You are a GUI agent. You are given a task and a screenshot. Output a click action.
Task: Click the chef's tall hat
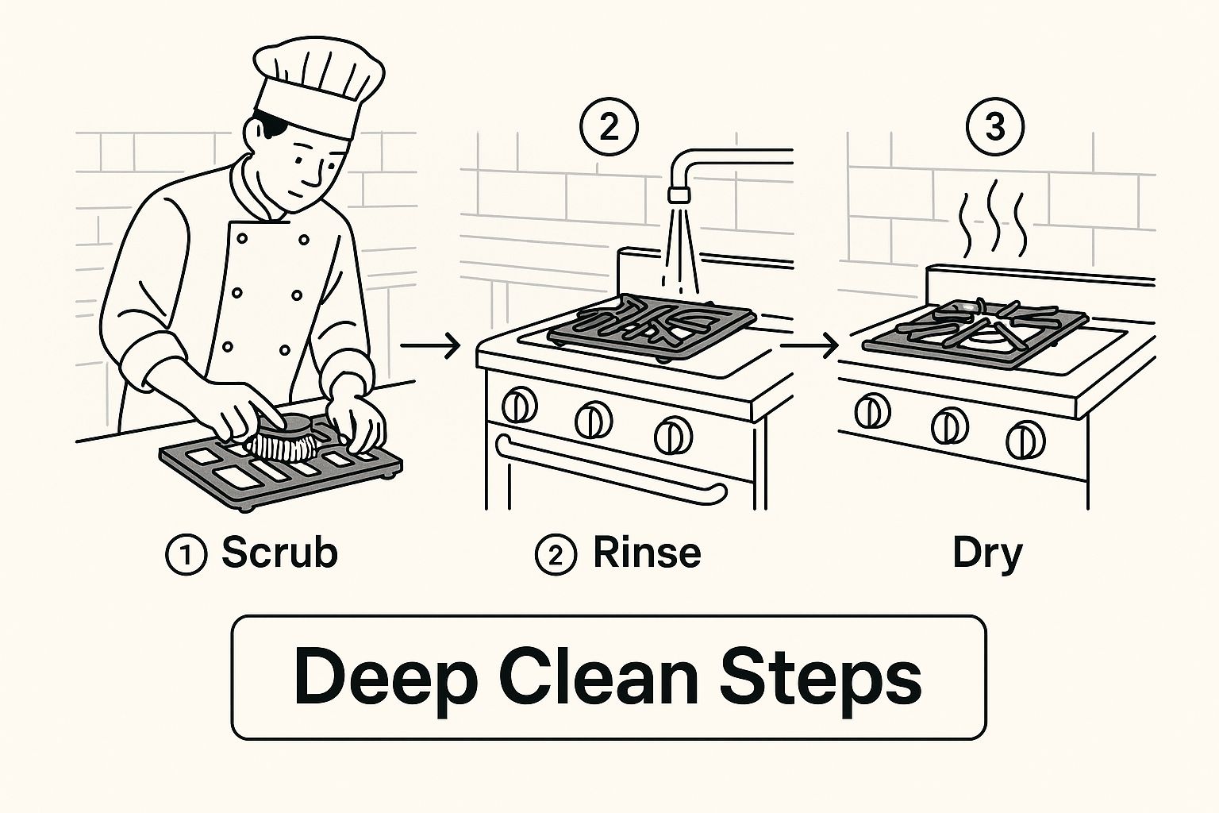(x=318, y=87)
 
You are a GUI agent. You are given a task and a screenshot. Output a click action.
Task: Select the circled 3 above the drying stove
(x=994, y=127)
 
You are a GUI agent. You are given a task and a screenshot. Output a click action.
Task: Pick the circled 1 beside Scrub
(x=187, y=556)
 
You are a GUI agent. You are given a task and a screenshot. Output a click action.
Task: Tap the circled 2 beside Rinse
(x=556, y=555)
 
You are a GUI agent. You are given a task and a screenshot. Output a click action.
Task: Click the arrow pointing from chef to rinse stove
(x=430, y=346)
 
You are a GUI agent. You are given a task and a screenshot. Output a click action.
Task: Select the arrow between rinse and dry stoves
(x=809, y=346)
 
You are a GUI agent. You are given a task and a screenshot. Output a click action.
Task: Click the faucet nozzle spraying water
(x=679, y=195)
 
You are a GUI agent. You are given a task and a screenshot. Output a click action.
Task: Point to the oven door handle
(x=609, y=467)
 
